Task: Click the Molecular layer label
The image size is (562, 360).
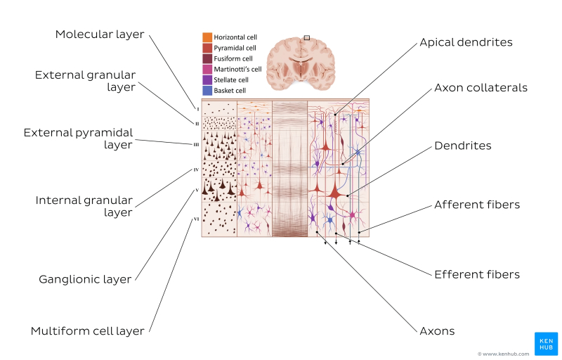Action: click(100, 34)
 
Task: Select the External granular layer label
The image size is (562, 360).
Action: click(85, 81)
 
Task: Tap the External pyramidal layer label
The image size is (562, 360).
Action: click(78, 139)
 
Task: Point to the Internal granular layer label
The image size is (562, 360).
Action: click(84, 207)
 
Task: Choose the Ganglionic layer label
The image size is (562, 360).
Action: click(85, 279)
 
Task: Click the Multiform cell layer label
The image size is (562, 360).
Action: click(88, 330)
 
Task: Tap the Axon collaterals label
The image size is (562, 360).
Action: click(481, 88)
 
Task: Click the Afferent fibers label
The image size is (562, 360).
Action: click(477, 205)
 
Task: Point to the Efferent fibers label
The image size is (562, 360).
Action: click(477, 274)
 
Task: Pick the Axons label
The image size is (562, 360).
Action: click(437, 330)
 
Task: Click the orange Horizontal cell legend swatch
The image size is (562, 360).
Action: click(207, 37)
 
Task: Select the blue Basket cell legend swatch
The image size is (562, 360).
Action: click(207, 91)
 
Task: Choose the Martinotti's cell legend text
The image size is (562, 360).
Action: click(237, 70)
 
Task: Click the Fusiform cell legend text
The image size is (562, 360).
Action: click(233, 58)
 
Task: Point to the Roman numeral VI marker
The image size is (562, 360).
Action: click(196, 219)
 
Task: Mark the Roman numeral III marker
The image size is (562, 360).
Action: click(197, 145)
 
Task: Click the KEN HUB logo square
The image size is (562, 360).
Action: click(546, 343)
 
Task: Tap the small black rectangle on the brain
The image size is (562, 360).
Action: click(306, 37)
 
